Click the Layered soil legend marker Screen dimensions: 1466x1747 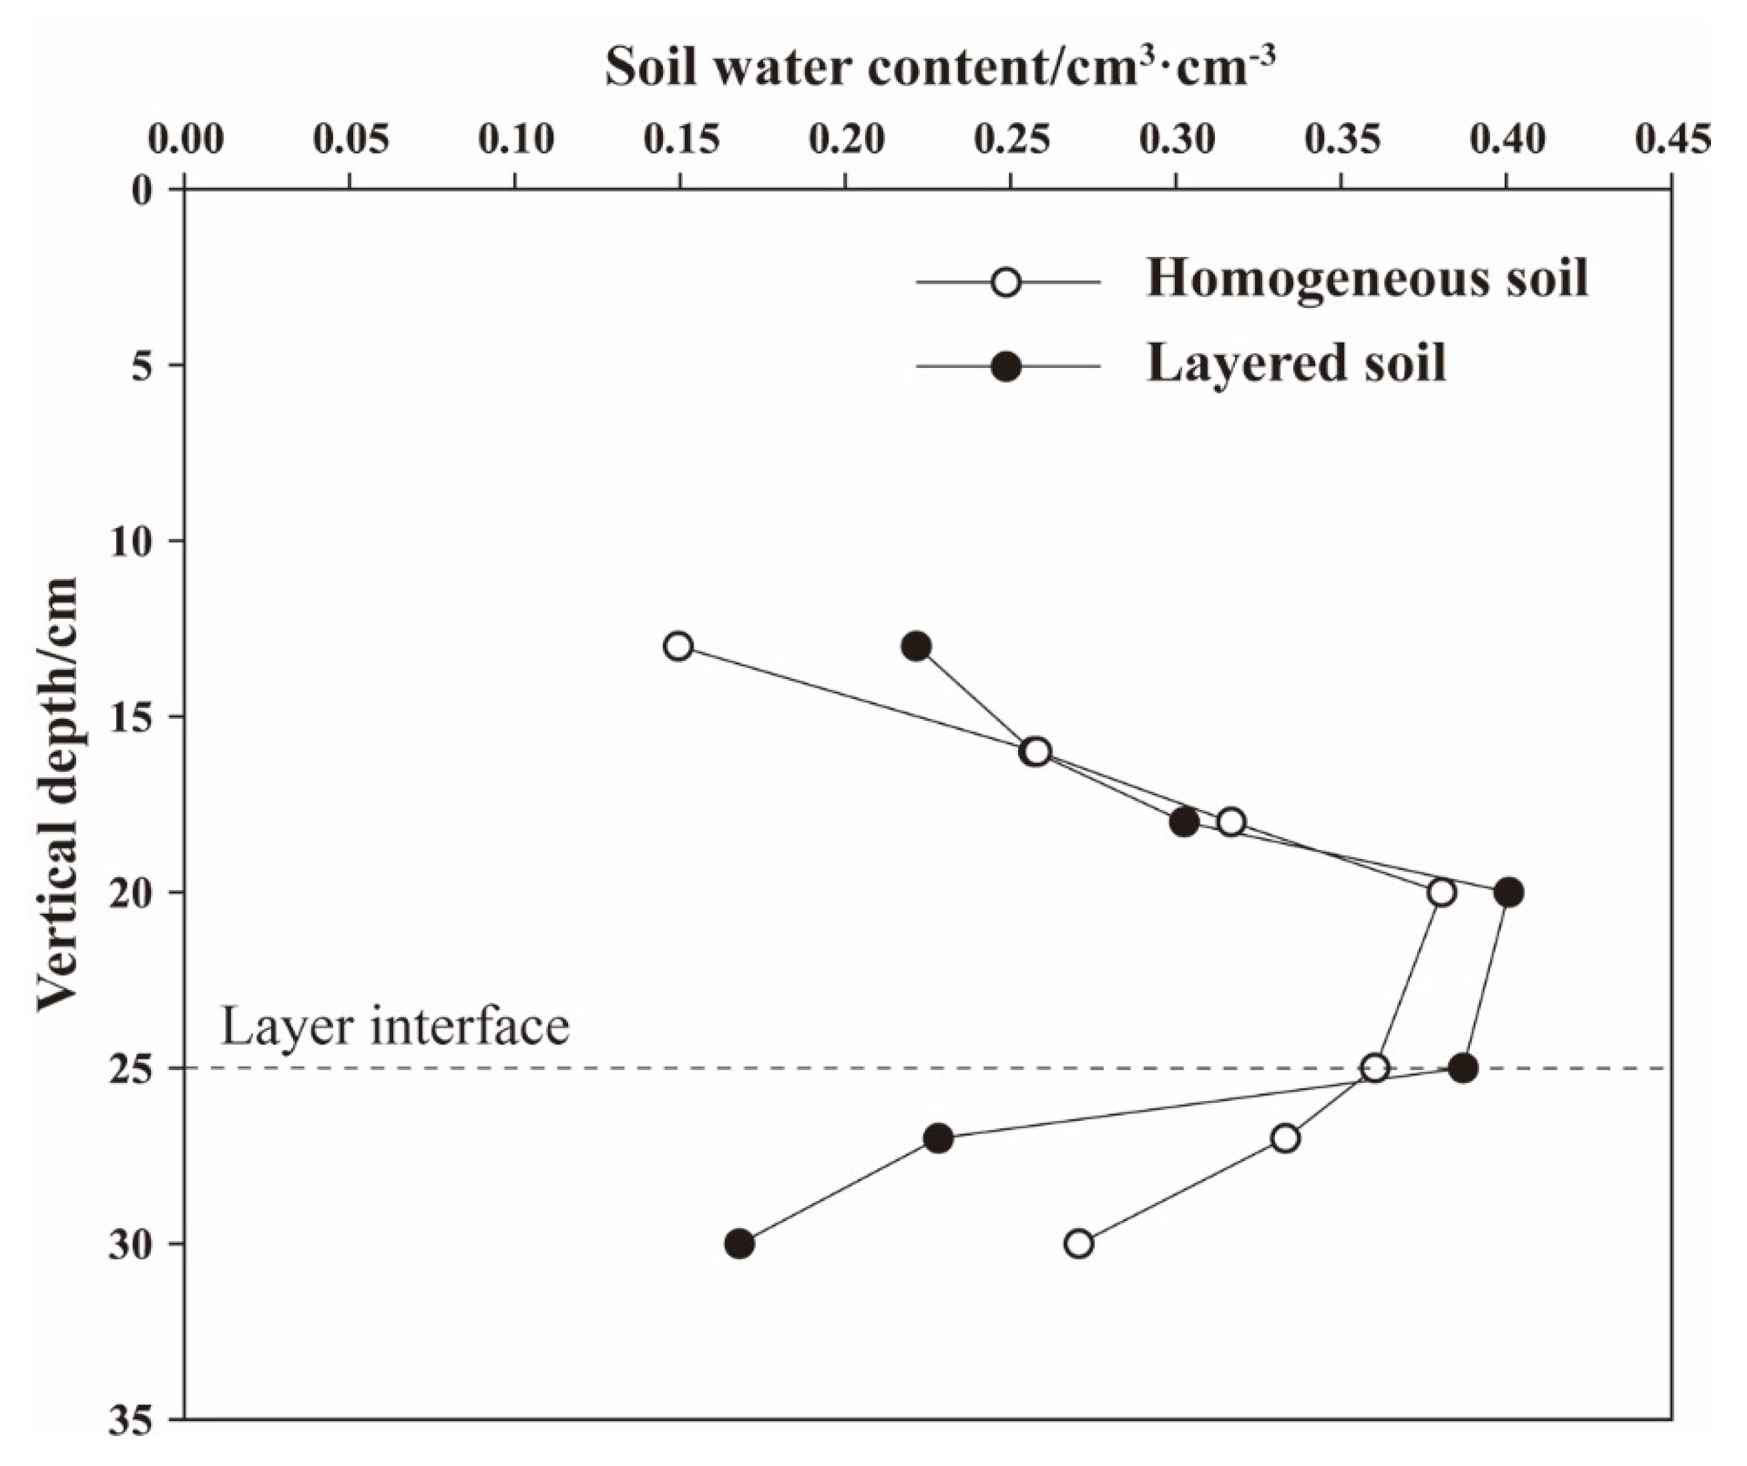(x=1007, y=366)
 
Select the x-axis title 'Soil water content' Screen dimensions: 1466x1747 (x=940, y=67)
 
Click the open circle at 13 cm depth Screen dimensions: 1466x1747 (x=679, y=646)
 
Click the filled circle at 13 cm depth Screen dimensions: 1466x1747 (x=916, y=646)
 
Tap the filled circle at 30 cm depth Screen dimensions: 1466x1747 (x=740, y=1244)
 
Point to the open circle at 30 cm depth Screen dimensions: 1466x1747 (x=1079, y=1244)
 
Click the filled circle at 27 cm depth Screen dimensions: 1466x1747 (x=939, y=1138)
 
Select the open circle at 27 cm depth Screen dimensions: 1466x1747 (x=1285, y=1138)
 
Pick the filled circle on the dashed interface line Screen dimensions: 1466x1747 (x=1463, y=1068)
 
